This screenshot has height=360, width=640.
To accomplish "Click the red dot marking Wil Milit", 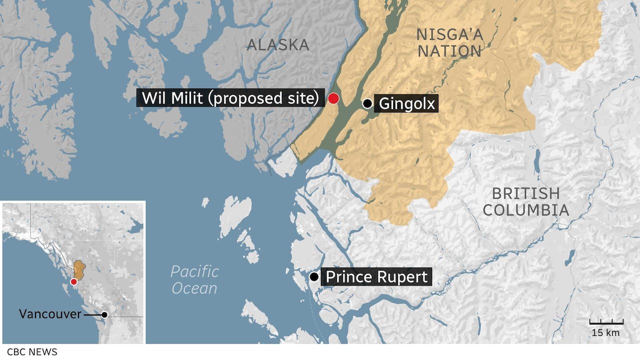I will pos(333,98).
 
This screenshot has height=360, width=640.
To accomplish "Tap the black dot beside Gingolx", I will pos(367,103).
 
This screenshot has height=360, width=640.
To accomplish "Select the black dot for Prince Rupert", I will pos(313,277).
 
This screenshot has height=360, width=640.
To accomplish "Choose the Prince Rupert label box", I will pos(376,277).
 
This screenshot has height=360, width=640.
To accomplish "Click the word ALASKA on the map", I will pos(278,45).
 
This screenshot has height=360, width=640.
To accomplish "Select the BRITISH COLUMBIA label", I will pos(525,201).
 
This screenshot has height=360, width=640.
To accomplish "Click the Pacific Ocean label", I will pos(194,280).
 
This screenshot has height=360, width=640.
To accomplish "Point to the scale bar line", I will pos(606,323).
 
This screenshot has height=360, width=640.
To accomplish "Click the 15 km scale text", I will pos(605,333).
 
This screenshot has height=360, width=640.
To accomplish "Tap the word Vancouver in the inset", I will pos(50,314).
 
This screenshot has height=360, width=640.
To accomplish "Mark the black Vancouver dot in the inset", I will pos(104,314).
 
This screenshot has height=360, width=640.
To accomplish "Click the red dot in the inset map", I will pos(74,282).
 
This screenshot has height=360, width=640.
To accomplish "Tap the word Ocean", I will pos(194,288).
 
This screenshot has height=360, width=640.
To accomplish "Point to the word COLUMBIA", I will pos(525,210).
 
